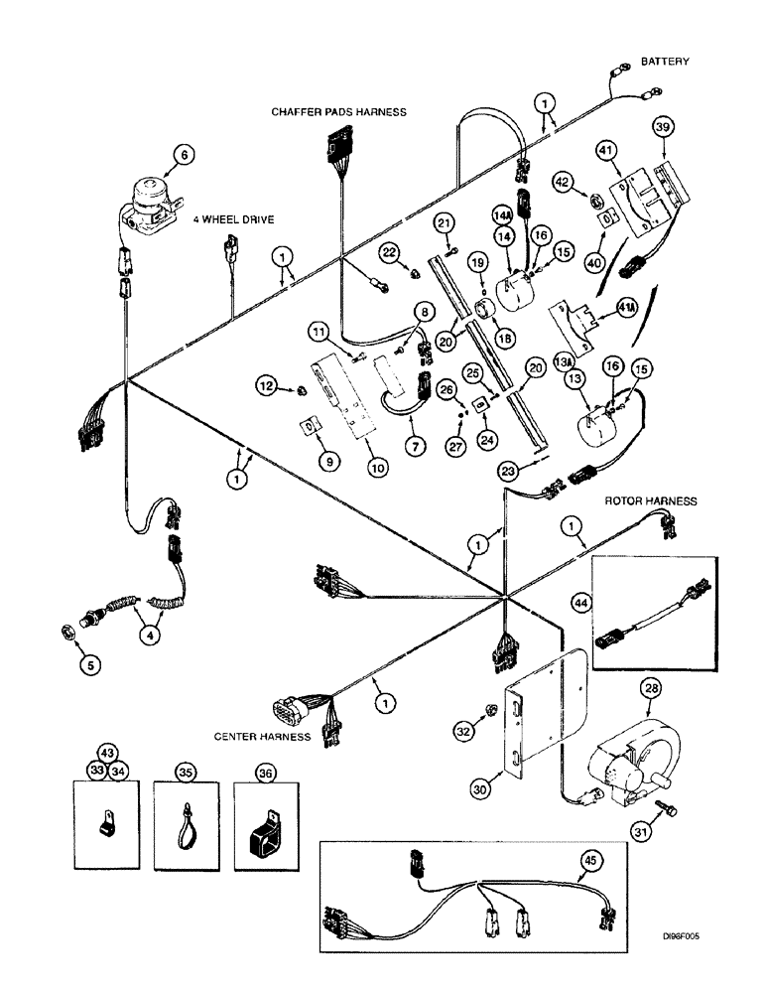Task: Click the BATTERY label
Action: pyautogui.click(x=664, y=62)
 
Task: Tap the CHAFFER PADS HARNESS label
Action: pyautogui.click(x=338, y=112)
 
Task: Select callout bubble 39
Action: pyautogui.click(x=663, y=126)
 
